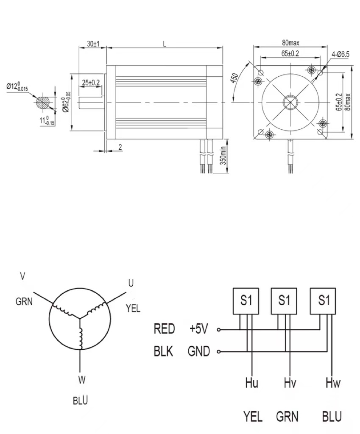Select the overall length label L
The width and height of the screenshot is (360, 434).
tap(164, 44)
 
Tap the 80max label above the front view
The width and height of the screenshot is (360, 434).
tap(290, 42)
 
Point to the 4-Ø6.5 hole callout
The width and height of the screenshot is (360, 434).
tap(340, 54)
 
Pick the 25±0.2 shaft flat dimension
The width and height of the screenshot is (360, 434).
tap(91, 83)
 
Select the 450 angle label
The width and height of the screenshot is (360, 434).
tap(234, 79)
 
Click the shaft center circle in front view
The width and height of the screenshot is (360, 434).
tap(291, 102)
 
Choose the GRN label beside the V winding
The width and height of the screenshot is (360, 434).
tap(24, 302)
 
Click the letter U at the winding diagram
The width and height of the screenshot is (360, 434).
tap(131, 283)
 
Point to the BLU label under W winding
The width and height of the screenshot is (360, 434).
tap(81, 400)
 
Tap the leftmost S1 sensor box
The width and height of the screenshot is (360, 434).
tap(246, 301)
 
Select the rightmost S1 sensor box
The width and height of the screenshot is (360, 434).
tap(324, 301)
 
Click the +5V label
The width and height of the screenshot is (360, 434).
tap(198, 328)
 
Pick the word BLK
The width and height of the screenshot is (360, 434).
tap(163, 351)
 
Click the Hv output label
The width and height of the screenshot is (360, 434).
tap(290, 384)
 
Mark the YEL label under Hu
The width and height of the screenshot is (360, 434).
tap(253, 416)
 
